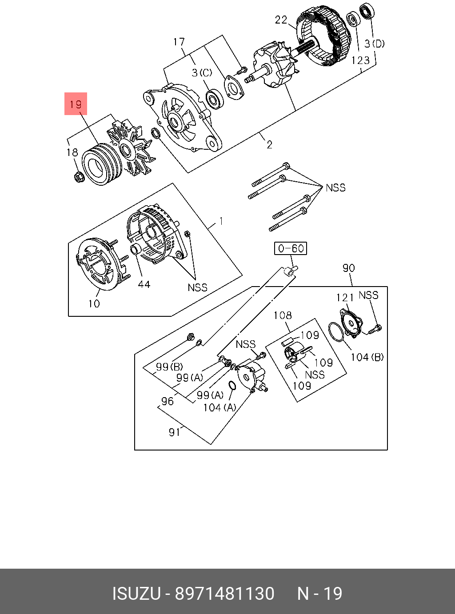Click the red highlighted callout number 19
tap(76, 104)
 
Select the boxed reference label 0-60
tap(291, 248)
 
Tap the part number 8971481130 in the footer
tap(224, 594)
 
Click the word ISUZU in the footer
tap(136, 594)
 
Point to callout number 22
tap(281, 20)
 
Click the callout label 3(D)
tap(375, 44)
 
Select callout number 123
tap(360, 60)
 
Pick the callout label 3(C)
tap(202, 73)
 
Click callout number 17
tap(179, 42)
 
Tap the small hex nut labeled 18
tap(79, 177)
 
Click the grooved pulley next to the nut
tap(102, 164)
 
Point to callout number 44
tap(144, 284)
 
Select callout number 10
tap(94, 304)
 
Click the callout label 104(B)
tap(367, 357)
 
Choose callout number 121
tap(345, 298)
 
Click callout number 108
tap(283, 315)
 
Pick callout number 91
tap(175, 432)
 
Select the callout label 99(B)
tap(169, 367)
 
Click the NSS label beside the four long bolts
tap(335, 188)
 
